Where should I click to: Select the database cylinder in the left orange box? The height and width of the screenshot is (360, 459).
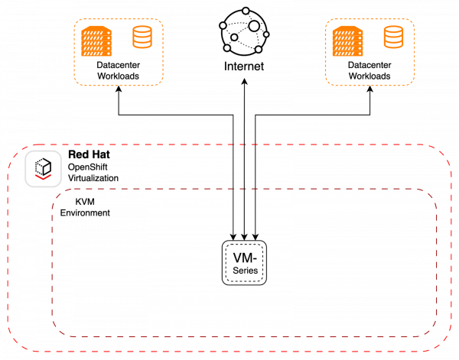[x=142, y=37]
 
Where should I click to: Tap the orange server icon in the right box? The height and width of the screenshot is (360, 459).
[x=347, y=41]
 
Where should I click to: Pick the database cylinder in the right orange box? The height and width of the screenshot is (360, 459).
[x=393, y=37]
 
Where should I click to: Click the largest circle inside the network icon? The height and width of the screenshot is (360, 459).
[x=254, y=26]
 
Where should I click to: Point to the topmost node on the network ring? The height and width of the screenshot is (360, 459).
[x=245, y=11]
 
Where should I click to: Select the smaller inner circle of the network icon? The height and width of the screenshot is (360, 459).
[x=234, y=37]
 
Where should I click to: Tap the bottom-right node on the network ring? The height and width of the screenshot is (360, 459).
[x=259, y=50]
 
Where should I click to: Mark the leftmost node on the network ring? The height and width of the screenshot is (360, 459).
[x=223, y=25]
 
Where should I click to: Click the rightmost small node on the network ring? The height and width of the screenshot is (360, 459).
[x=265, y=34]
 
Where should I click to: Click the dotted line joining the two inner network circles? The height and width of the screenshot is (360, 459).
[x=244, y=31]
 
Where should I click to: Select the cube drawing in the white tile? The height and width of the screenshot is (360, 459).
[x=43, y=166]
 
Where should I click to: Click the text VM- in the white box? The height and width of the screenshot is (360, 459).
[x=244, y=258]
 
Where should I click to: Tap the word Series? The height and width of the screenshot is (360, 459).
[x=244, y=271]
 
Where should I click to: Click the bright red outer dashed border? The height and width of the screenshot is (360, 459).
[x=229, y=351]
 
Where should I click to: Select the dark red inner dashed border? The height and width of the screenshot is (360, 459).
[x=229, y=336]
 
